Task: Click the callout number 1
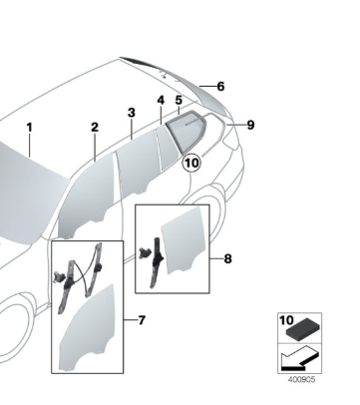pos(30,128)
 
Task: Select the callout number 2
pos(94,128)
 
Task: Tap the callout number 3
pos(131,113)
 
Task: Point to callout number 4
pos(160,101)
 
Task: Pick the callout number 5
pos(178,100)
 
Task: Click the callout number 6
pos(220,87)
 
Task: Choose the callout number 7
pos(142,321)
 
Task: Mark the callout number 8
pos(228,259)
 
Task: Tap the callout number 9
pos(251,125)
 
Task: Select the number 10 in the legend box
pos(285,322)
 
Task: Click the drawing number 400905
pos(303,379)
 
